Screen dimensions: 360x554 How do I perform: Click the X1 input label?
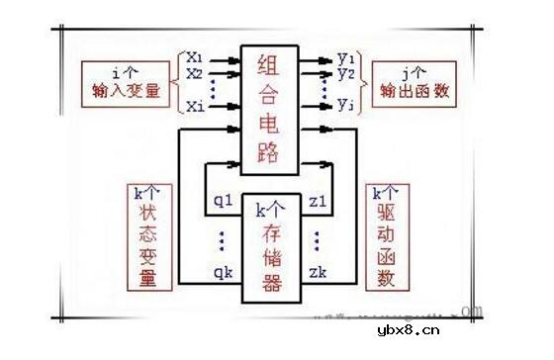click(x=195, y=57)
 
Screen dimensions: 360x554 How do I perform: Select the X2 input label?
click(x=195, y=73)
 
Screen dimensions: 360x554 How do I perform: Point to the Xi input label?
click(x=195, y=105)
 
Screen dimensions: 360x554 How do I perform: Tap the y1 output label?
click(x=345, y=56)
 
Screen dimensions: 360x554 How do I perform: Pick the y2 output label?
click(x=345, y=73)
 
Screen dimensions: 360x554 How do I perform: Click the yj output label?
click(x=345, y=104)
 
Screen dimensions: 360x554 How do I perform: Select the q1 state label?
click(x=225, y=201)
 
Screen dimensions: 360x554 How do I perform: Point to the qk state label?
click(x=225, y=268)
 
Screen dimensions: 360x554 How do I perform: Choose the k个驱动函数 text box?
click(x=388, y=235)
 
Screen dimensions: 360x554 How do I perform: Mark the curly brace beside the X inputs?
click(x=179, y=80)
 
